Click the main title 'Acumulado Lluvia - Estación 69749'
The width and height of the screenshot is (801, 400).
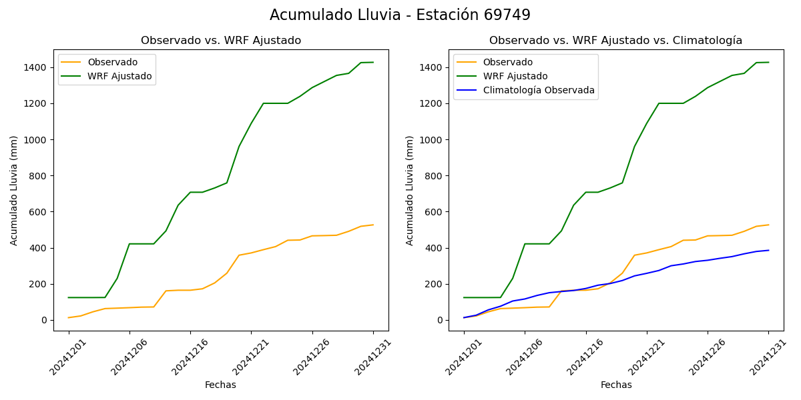point(400,15)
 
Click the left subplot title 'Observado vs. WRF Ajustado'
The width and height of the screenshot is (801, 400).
point(221,41)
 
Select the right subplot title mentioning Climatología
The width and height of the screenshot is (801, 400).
point(615,41)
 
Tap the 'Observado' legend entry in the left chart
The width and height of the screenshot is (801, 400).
point(112,62)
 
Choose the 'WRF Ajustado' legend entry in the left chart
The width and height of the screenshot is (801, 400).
point(119,77)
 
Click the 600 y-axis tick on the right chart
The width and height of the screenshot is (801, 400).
point(432,212)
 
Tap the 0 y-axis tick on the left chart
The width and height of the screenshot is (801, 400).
point(43,320)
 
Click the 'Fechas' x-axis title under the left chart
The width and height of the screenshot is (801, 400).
point(220,385)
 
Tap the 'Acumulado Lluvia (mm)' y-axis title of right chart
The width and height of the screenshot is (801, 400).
point(410,190)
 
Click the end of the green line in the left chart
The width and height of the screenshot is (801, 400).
point(373,62)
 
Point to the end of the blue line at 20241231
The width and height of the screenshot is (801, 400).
point(768,251)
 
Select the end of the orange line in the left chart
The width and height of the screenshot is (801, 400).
point(373,225)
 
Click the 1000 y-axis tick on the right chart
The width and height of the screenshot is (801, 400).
point(429,140)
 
